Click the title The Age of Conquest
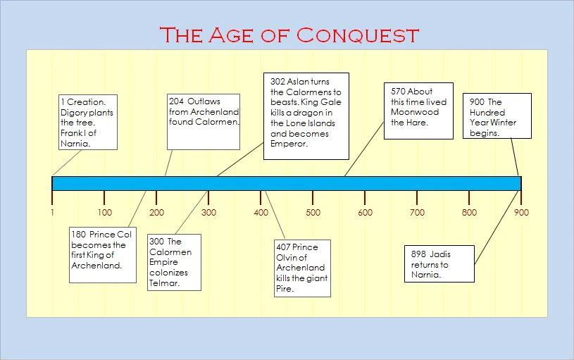tap(289, 35)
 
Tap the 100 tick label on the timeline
tap(104, 212)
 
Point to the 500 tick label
tap(313, 212)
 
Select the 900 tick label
tap(521, 212)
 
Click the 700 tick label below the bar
tap(417, 212)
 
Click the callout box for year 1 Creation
tap(87, 122)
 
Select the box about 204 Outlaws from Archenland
tap(204, 121)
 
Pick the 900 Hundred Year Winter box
tap(497, 116)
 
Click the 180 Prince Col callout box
tap(103, 254)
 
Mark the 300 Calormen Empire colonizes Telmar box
tap(174, 262)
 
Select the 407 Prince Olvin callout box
tap(302, 268)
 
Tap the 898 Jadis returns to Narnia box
tap(440, 264)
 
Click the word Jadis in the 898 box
tap(438, 255)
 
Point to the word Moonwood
tap(415, 111)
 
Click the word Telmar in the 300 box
tap(164, 283)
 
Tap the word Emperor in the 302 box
tap(289, 144)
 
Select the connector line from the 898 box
tap(497, 227)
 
